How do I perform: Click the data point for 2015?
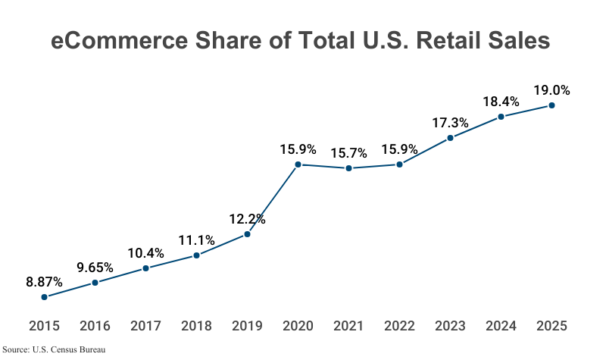(x=45, y=297)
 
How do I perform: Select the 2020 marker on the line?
(x=298, y=164)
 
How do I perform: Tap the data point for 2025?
(x=551, y=105)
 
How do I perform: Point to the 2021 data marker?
(x=348, y=168)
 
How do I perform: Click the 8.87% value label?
(x=44, y=282)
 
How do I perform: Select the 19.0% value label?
(x=551, y=90)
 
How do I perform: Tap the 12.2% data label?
(x=247, y=219)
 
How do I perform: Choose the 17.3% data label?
(x=450, y=122)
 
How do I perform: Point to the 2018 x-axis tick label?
(x=196, y=326)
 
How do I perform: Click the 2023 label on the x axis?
(x=450, y=326)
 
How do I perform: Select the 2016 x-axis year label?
(x=95, y=326)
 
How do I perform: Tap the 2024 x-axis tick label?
(x=501, y=326)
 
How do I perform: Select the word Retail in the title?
(x=438, y=41)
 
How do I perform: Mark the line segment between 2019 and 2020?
(x=273, y=199)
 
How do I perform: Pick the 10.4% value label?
(x=145, y=252)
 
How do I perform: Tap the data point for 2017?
(x=145, y=268)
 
